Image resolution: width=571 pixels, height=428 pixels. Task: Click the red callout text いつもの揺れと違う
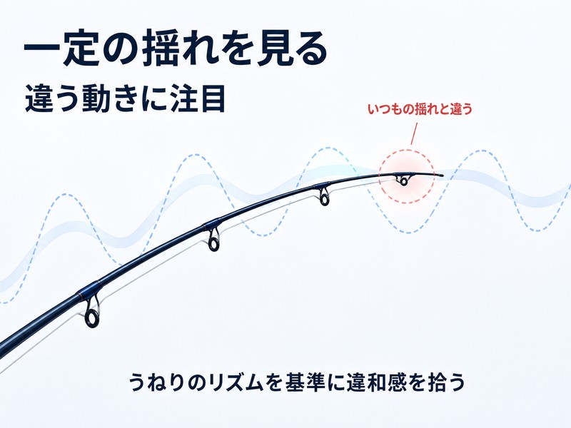(420, 109)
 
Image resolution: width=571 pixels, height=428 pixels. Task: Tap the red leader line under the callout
(414, 133)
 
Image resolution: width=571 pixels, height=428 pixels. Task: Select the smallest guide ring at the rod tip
(403, 181)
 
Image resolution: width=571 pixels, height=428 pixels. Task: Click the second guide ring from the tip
(324, 199)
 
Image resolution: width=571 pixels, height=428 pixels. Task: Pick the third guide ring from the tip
(213, 243)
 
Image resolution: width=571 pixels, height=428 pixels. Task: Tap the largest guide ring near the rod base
(92, 317)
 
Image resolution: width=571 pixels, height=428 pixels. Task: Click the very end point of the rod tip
(443, 175)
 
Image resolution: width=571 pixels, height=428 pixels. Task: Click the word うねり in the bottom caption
(156, 382)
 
